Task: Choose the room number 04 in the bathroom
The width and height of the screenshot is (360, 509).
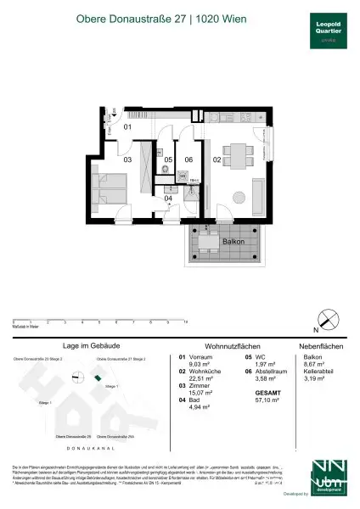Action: pos(168,199)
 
